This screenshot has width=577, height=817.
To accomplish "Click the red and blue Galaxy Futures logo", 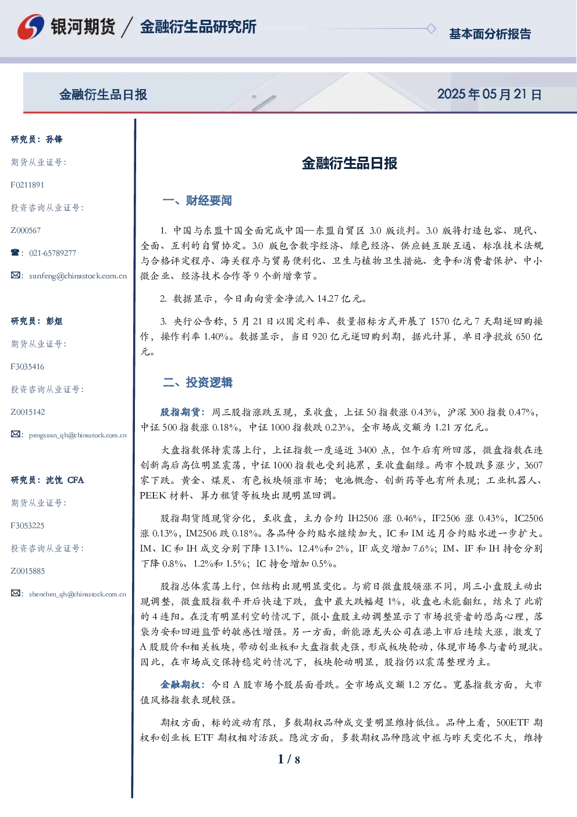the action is point(31,27).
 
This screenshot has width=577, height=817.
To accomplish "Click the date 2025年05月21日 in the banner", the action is point(489,94).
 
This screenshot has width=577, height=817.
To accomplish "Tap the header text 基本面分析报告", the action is point(490,34).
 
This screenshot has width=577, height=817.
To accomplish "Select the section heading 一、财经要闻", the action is point(197,200).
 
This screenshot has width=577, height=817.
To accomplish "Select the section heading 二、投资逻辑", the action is point(198,382).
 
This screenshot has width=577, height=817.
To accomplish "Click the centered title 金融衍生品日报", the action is point(350,163).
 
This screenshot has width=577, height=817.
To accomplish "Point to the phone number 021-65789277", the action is point(52,253).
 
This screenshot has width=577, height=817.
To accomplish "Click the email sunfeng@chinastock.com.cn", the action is point(78,276).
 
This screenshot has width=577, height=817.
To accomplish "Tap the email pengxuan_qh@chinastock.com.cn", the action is point(78,435).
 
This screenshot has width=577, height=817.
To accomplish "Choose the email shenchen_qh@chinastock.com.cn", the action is point(77,594).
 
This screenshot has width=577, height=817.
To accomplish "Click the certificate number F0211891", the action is point(27,185).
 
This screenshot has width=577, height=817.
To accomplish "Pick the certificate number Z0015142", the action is point(28,412).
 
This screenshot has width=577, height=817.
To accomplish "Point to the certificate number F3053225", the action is point(27,526).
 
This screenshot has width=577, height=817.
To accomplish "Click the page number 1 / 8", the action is point(288,759).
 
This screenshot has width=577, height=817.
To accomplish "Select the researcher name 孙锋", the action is point(54,139).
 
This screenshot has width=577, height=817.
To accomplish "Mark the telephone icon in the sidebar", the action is point(15,252).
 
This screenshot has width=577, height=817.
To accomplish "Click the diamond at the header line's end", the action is point(431,29).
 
